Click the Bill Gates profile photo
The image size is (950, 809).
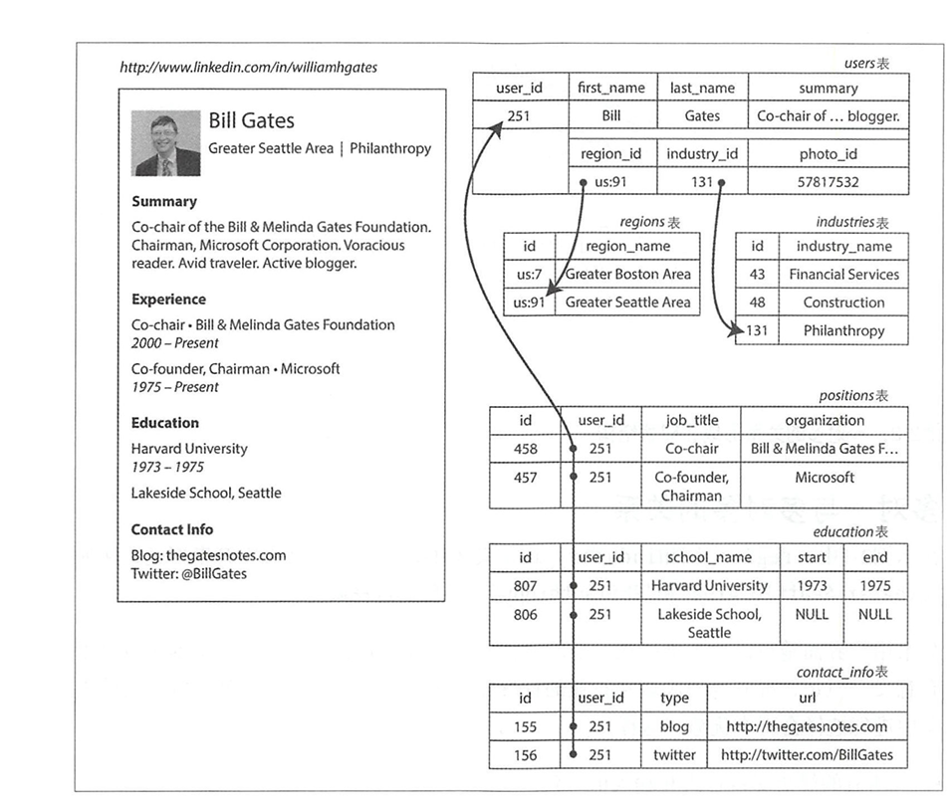pyautogui.click(x=166, y=143)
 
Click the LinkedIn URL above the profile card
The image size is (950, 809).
pyautogui.click(x=248, y=69)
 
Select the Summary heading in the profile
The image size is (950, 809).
pyautogui.click(x=164, y=201)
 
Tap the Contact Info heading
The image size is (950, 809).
pyautogui.click(x=172, y=529)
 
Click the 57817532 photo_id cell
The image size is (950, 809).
pyautogui.click(x=828, y=182)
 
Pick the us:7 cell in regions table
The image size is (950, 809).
pyautogui.click(x=528, y=274)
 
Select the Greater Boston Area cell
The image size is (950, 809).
pyautogui.click(x=627, y=274)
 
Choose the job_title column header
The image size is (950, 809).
pyautogui.click(x=691, y=420)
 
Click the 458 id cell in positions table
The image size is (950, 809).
pyautogui.click(x=525, y=449)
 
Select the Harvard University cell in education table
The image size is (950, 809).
pyautogui.click(x=709, y=586)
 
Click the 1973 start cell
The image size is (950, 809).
pyautogui.click(x=812, y=586)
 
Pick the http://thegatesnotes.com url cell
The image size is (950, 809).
pyautogui.click(x=807, y=726)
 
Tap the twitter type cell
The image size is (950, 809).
pyautogui.click(x=674, y=754)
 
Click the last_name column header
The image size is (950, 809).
pyautogui.click(x=702, y=88)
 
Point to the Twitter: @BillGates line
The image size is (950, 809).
pyautogui.click(x=188, y=573)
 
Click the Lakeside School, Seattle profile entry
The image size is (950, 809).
pyautogui.click(x=206, y=493)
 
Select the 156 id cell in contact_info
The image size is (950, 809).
pyautogui.click(x=525, y=754)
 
